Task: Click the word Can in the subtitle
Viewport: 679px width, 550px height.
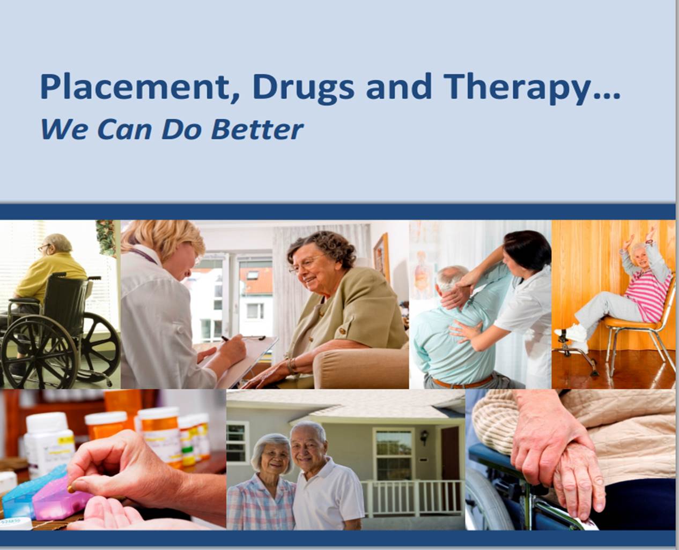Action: pyautogui.click(x=124, y=130)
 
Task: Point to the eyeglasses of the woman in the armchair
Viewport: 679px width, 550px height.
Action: pyautogui.click(x=307, y=265)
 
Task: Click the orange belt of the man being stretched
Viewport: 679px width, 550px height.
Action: pyautogui.click(x=462, y=382)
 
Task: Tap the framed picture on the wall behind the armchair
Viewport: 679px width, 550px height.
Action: pyautogui.click(x=381, y=257)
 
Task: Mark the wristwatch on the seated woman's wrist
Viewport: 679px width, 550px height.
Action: pyautogui.click(x=291, y=365)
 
